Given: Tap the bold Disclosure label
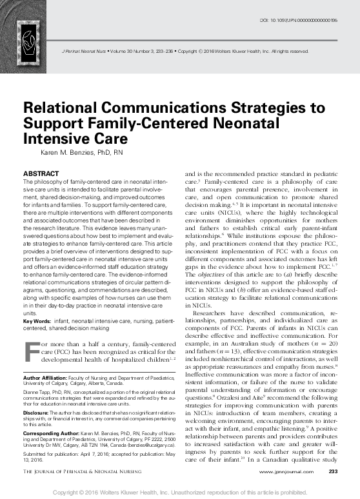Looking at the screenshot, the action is click(x=35, y=411).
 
